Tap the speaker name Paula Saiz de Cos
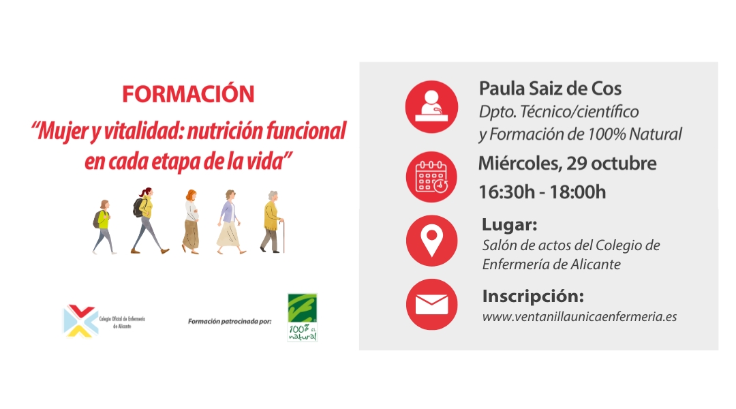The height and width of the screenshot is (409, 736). point(550,89)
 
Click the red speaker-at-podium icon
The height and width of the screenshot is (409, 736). point(431,106)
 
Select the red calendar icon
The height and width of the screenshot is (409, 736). point(431,177)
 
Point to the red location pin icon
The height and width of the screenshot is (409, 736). point(431,241)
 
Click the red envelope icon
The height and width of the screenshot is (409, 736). point(431,304)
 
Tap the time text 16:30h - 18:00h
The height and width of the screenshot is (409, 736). point(542,192)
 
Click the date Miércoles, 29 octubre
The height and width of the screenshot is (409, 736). point(568,164)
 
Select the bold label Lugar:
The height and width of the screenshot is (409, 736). point(509,224)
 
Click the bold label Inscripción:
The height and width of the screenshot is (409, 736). point(533,297)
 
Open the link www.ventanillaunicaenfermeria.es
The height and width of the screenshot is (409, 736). point(580,317)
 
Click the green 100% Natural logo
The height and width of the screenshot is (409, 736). point(303,318)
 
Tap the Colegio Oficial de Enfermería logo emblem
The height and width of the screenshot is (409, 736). point(80,320)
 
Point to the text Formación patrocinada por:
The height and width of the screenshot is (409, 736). point(230,322)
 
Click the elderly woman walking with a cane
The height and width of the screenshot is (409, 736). point(273,222)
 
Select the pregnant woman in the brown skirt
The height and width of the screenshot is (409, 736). point(191,222)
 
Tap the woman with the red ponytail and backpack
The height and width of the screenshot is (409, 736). point(147,221)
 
